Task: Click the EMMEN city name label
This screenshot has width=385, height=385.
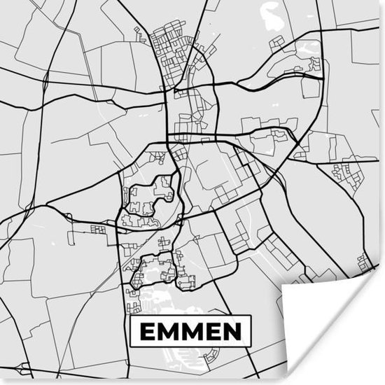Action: pos(190,331)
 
